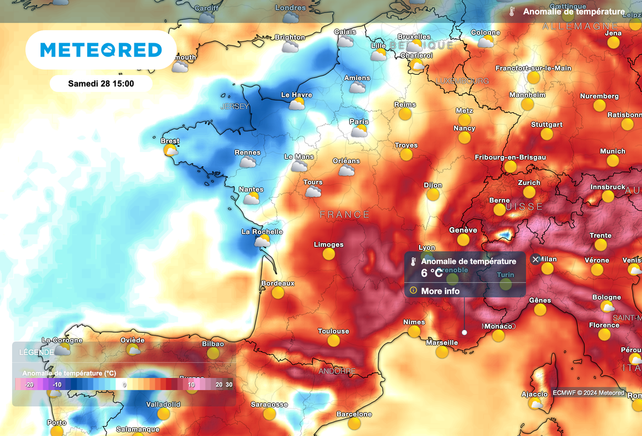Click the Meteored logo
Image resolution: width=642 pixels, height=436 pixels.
101,50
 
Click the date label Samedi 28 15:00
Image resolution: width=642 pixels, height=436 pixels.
101,84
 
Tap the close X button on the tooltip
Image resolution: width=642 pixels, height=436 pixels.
535,259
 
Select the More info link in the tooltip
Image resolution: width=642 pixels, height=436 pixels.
440,291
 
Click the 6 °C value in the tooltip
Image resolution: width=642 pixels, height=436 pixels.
432,273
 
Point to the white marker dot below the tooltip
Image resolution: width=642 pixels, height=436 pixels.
464,332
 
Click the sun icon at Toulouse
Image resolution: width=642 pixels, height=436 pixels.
334,341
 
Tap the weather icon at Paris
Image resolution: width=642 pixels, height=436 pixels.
359,131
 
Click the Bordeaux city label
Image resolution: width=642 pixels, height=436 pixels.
278,283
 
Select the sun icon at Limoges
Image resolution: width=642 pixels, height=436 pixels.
329,254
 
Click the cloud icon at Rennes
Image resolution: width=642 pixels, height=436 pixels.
247,162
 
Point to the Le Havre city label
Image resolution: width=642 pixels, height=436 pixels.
296,95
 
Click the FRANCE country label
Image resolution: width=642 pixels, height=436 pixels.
345,215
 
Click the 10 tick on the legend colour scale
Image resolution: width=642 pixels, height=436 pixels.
191,384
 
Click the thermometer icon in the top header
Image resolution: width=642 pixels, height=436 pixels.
512,12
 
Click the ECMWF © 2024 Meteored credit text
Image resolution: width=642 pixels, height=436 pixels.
589,393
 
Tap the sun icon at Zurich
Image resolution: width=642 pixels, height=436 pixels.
529,192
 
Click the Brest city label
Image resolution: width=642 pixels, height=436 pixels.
170,141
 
